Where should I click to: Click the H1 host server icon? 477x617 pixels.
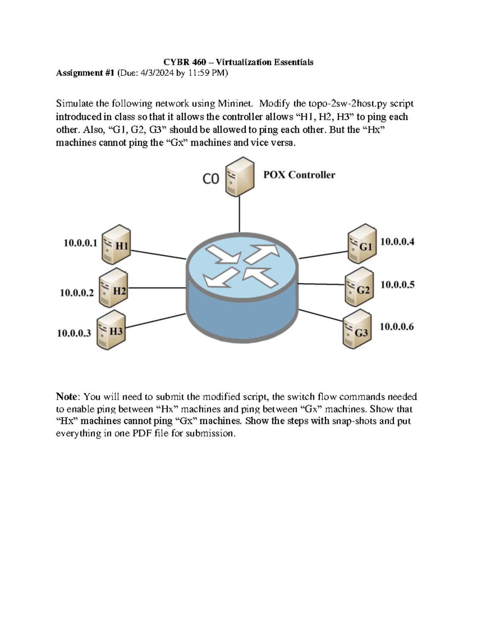point(116,244)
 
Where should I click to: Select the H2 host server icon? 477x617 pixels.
point(113,287)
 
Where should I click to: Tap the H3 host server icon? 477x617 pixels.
point(111,330)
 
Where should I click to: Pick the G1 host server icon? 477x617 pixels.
point(362,243)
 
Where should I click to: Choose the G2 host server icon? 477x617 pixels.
point(359,286)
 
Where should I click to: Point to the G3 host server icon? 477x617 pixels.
point(357,329)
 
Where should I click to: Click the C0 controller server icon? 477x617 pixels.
point(240,177)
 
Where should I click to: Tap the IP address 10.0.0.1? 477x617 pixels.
point(80,243)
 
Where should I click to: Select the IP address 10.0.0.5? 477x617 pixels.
point(397,284)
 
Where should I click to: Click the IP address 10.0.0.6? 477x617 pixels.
point(397,327)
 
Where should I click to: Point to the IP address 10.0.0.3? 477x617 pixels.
point(74,333)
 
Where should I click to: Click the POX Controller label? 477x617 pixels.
point(299,175)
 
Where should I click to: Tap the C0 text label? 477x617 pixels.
point(211,179)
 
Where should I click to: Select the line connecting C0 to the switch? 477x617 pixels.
point(240,215)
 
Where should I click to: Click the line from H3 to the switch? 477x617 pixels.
point(156,321)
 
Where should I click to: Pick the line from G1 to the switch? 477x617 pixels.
point(324,255)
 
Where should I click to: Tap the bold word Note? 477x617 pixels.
point(66,396)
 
